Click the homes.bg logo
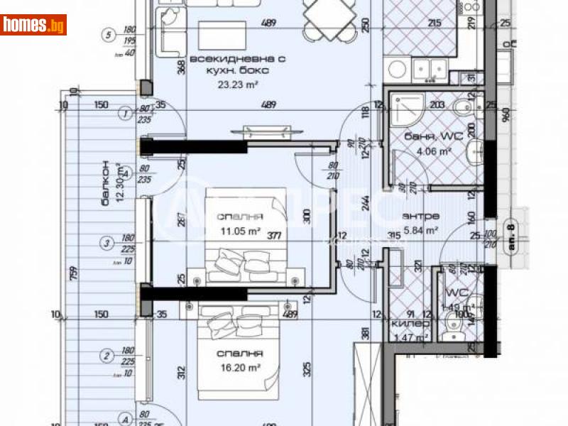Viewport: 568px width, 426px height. click(34, 25)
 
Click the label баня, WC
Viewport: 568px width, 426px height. click(427, 136)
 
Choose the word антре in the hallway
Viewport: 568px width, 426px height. click(420, 217)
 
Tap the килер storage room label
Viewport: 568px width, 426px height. click(410, 323)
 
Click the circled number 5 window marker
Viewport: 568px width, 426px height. click(108, 33)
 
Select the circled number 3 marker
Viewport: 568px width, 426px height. click(107, 244)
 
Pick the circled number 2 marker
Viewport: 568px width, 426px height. click(107, 356)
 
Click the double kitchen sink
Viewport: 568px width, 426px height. click(432, 68)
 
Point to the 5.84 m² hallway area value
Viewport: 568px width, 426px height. click(420, 230)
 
